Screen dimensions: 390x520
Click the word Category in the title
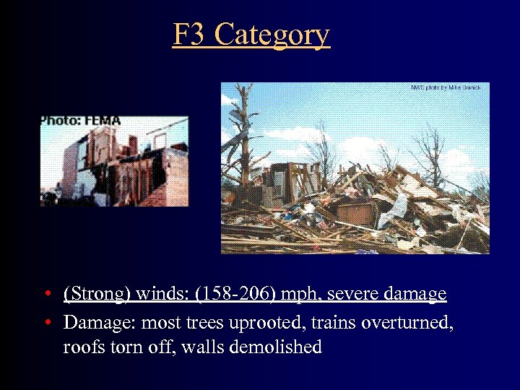(272, 35)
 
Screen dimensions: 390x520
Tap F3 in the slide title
(190, 35)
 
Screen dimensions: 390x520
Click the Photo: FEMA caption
(80, 121)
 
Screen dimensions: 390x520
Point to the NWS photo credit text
(445, 87)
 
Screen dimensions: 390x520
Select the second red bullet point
(45, 322)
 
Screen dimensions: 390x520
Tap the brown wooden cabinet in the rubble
(357, 214)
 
